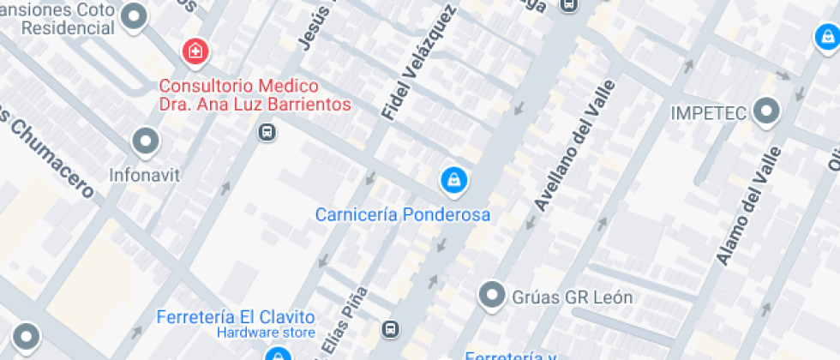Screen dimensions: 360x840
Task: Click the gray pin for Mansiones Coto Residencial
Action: (135, 16)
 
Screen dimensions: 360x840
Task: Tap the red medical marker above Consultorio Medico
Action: (195, 51)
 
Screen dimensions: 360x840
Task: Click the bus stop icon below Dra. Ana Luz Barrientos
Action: (267, 133)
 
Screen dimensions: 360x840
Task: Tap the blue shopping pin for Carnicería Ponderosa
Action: (453, 179)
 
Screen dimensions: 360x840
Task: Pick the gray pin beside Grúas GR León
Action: (492, 296)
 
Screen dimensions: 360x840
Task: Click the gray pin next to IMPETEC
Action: (765, 111)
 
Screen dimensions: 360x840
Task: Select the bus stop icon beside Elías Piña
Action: (391, 329)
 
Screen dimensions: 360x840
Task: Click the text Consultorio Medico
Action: (239, 86)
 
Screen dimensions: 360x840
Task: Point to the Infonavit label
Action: (145, 175)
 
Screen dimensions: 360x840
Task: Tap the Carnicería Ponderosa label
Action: (403, 214)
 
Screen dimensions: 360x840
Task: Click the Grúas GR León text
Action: (572, 297)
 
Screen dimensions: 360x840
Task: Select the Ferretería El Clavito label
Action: (236, 317)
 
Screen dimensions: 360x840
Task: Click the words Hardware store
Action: (266, 333)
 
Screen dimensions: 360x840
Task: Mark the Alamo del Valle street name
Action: (749, 206)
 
